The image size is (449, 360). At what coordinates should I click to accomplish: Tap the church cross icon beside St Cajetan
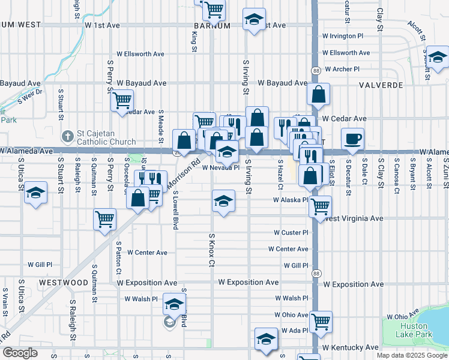tap(68, 137)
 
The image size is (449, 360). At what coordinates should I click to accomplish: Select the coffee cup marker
tap(352, 139)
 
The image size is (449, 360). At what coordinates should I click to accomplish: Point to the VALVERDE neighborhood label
tap(381, 85)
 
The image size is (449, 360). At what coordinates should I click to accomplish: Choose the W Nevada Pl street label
tap(220, 168)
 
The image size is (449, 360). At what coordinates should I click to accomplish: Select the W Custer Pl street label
tap(291, 232)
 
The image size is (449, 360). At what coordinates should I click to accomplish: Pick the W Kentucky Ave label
tap(350, 347)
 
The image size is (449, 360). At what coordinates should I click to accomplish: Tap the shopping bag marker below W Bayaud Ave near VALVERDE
tap(318, 94)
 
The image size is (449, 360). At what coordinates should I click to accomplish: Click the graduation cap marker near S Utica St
tap(36, 193)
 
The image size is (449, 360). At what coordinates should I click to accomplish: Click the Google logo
tap(20, 353)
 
